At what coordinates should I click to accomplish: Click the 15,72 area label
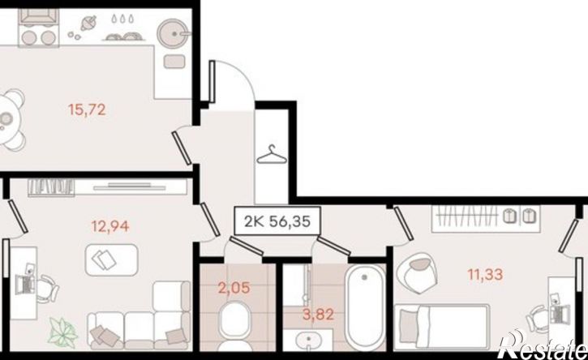[x=87, y=110]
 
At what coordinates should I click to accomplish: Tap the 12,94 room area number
[x=110, y=226]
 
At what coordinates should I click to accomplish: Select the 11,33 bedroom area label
[x=485, y=275]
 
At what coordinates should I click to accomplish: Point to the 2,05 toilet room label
[x=234, y=289]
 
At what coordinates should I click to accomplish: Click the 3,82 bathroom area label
[x=318, y=315]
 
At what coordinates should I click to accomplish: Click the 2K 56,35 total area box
[x=277, y=221]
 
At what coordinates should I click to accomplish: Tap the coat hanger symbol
[x=272, y=155]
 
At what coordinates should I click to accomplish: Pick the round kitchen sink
[x=174, y=33]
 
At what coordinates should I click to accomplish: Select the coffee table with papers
[x=111, y=260]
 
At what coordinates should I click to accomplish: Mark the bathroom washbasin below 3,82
[x=308, y=341]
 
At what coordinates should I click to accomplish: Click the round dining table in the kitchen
[x=6, y=120]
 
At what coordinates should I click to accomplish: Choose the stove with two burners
[x=39, y=28]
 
